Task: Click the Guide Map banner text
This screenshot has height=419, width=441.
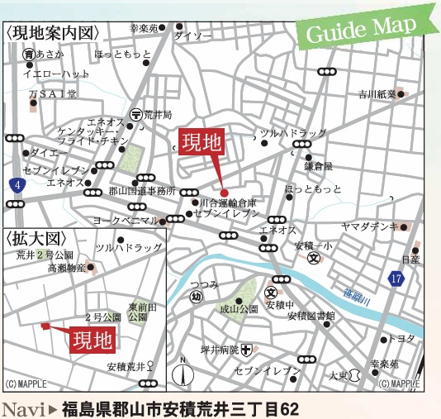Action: point(362,30)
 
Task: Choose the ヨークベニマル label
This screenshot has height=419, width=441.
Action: point(125,221)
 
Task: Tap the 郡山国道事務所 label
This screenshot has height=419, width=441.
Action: point(142,191)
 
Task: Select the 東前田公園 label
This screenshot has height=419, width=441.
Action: point(137,312)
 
